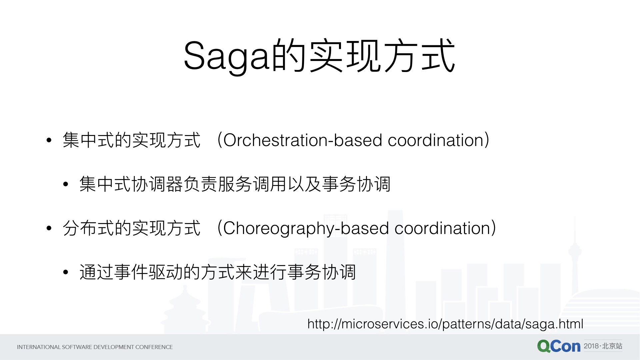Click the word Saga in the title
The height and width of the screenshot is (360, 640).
[226, 57]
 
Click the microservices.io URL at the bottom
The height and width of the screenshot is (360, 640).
[445, 324]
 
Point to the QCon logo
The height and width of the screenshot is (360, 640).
[559, 346]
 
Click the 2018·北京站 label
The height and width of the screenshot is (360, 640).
[603, 346]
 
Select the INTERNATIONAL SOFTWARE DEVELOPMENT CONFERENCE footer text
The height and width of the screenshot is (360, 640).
[95, 347]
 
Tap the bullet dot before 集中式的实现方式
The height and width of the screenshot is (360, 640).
[49, 140]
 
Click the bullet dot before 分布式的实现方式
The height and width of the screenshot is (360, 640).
[49, 228]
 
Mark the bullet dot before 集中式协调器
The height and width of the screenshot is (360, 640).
[66, 184]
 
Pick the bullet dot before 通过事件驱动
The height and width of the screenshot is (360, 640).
[66, 272]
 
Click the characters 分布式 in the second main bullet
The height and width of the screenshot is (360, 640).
[88, 228]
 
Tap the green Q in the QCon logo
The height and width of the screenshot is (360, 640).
[544, 346]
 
